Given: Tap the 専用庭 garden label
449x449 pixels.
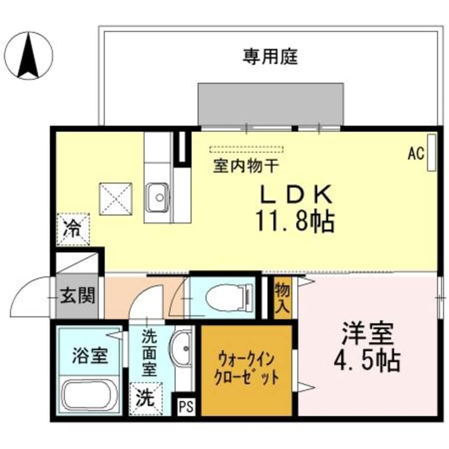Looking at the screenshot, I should tap(270, 56).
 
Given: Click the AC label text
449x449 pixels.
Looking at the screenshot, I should tap(416, 154).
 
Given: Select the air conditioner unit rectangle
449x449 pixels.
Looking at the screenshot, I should tap(431, 152).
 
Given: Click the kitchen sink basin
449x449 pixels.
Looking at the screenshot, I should tap(158, 195).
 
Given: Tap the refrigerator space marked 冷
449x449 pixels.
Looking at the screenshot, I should tap(73, 229).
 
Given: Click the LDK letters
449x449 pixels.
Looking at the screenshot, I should tap(295, 195).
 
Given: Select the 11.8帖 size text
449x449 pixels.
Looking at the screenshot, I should tap(295, 221).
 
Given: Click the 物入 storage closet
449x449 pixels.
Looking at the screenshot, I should tap(282, 297).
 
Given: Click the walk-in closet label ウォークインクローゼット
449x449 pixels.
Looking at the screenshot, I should tap(246, 369).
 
